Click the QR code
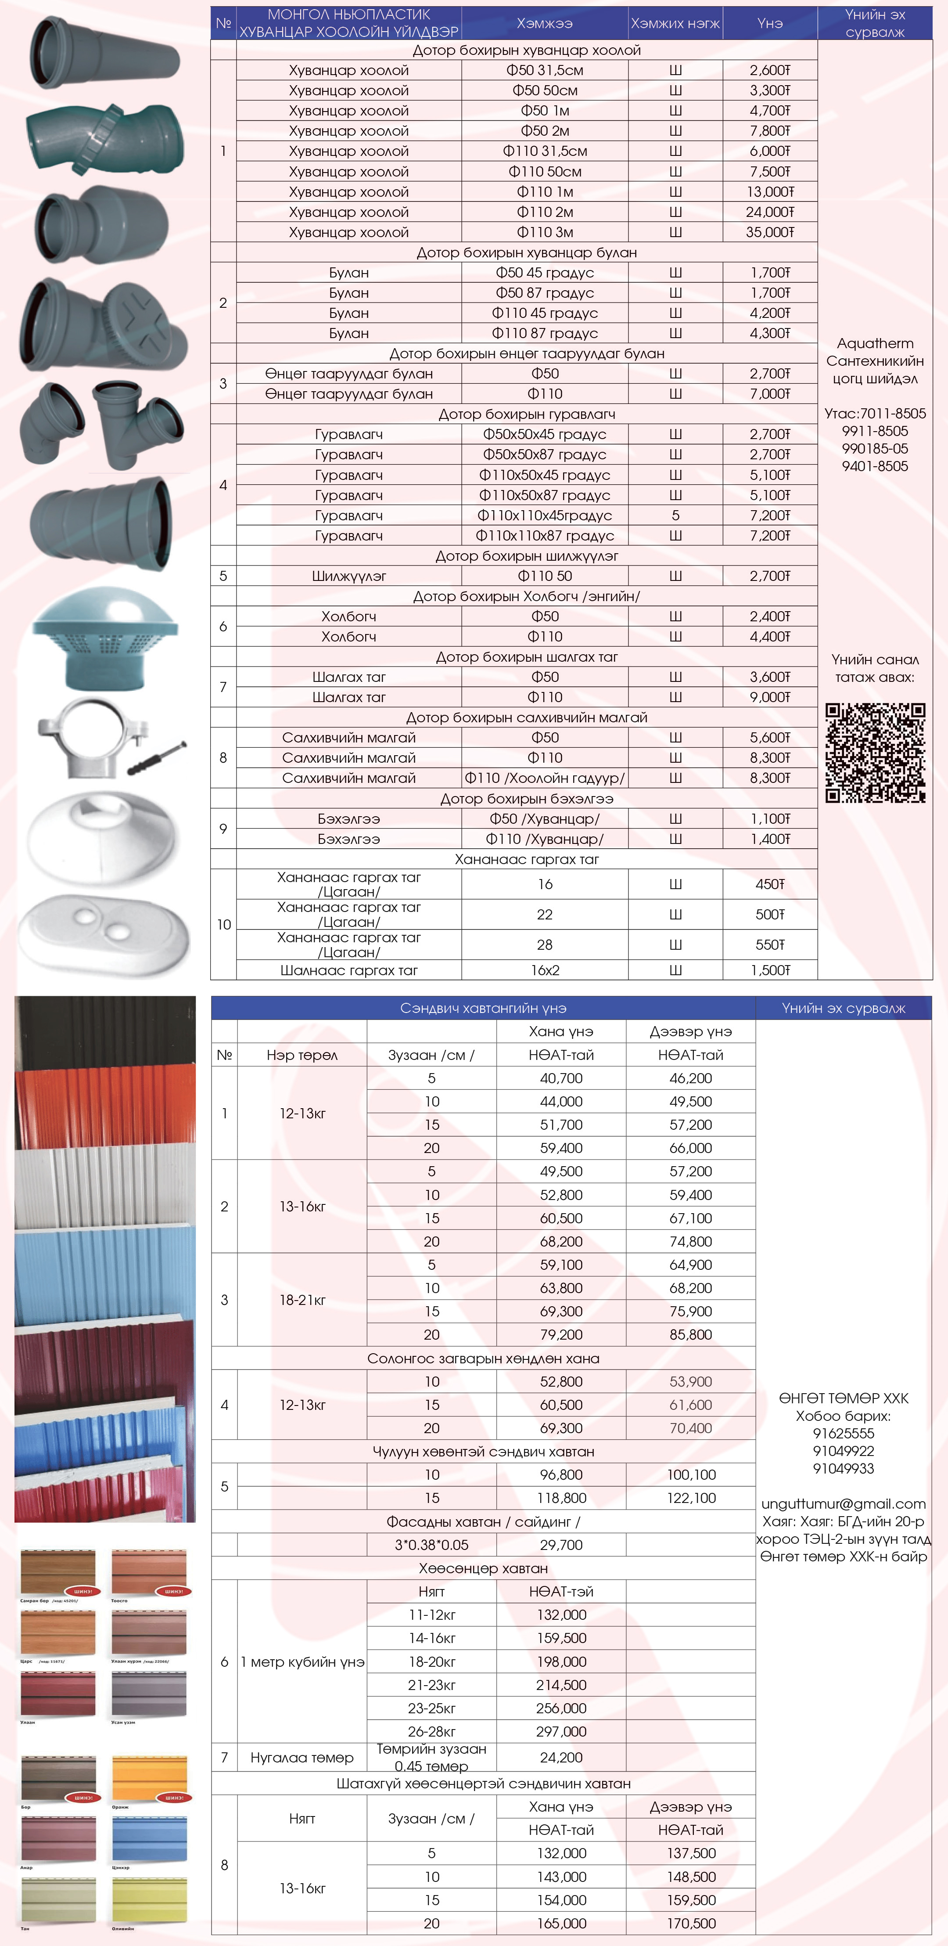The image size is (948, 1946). (x=875, y=753)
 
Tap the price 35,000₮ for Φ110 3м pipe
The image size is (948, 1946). (x=770, y=232)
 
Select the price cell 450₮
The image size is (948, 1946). (x=770, y=884)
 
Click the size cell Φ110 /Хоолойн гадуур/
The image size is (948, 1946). (x=545, y=778)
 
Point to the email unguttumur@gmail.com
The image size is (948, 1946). (x=843, y=1503)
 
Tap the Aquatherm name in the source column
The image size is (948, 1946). (x=875, y=343)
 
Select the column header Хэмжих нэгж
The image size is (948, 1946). (x=675, y=23)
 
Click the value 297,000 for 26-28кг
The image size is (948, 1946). (x=561, y=1731)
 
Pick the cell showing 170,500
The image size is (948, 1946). (x=690, y=1923)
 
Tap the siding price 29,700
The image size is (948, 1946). (x=561, y=1545)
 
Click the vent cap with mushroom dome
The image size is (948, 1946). (x=105, y=638)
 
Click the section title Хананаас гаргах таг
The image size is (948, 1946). (x=527, y=859)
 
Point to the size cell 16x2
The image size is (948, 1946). (x=545, y=970)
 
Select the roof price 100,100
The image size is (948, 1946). (x=690, y=1474)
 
